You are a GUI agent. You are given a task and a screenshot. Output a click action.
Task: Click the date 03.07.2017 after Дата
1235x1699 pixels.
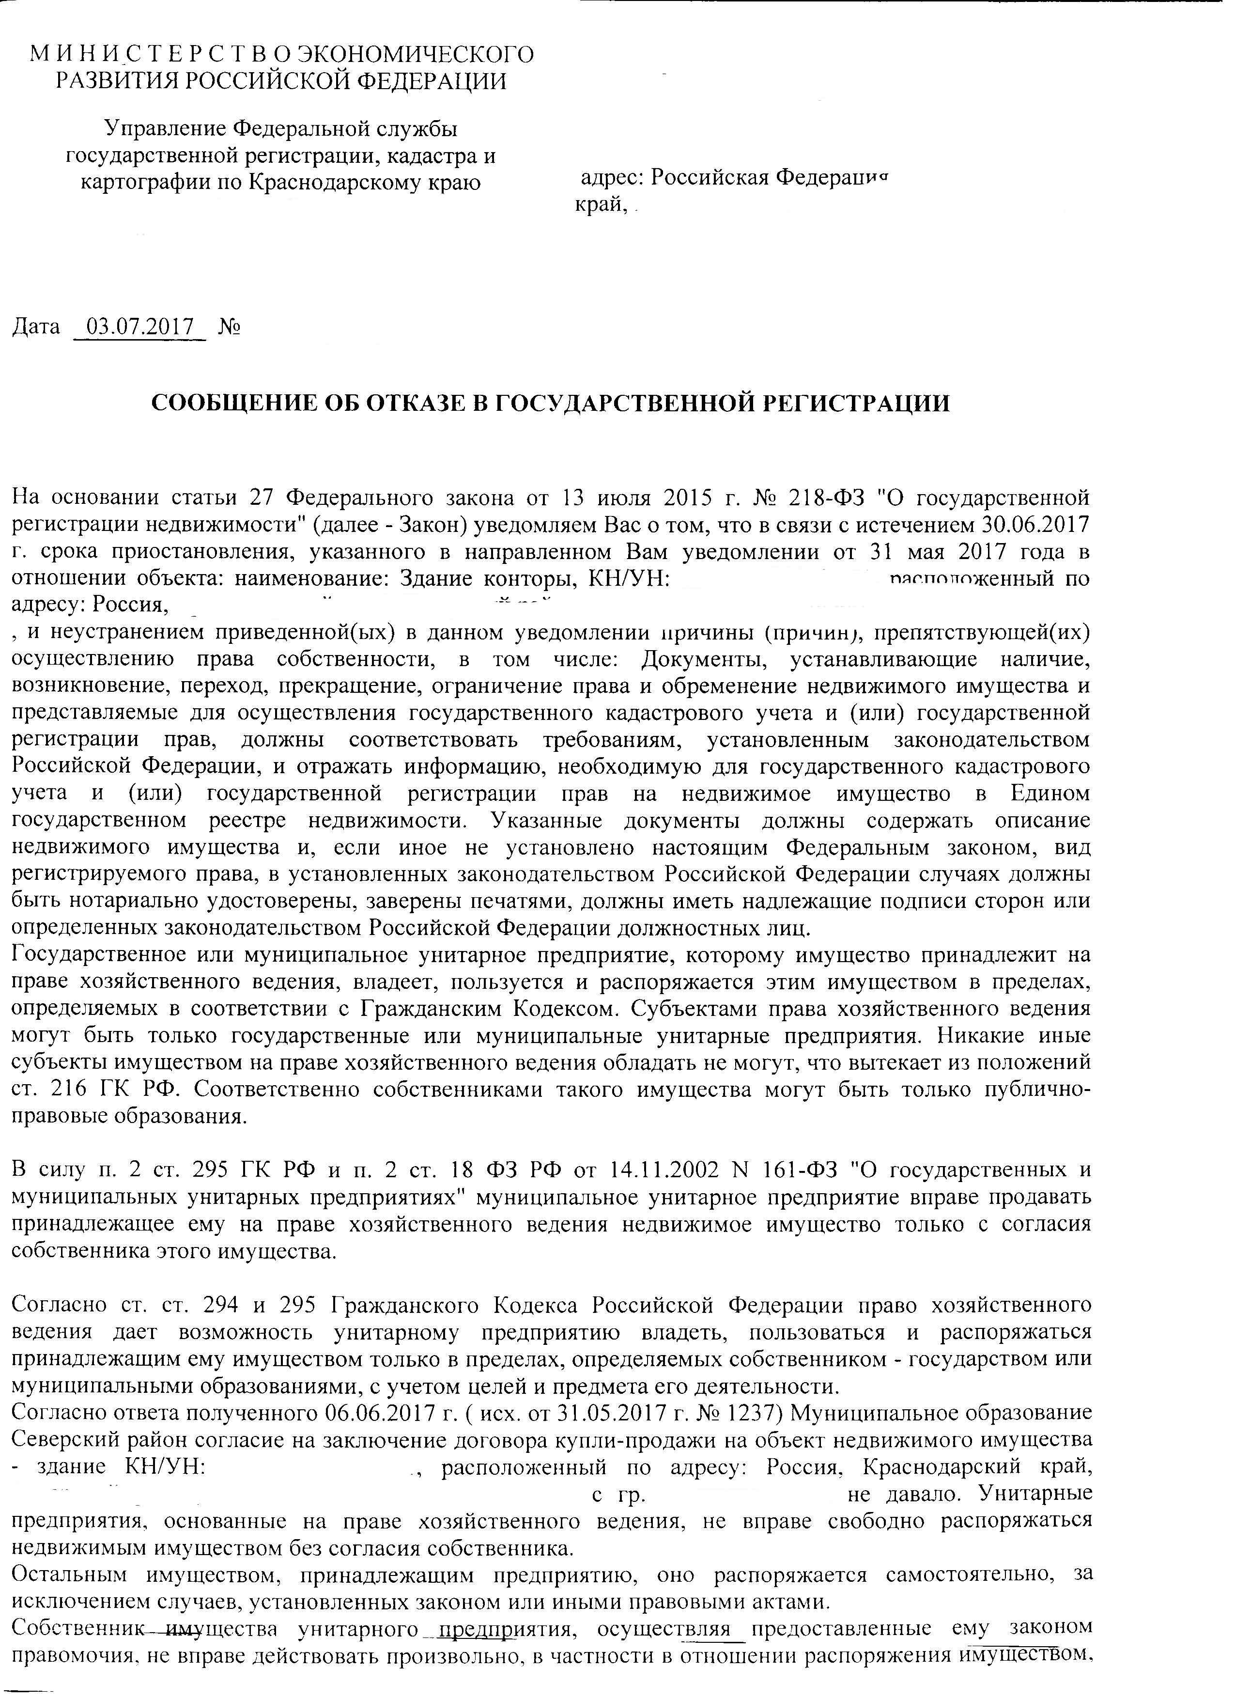click(140, 327)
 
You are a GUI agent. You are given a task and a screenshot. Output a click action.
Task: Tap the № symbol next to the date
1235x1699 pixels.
click(229, 327)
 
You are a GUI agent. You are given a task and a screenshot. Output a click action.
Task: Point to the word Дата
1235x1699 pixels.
click(36, 327)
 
